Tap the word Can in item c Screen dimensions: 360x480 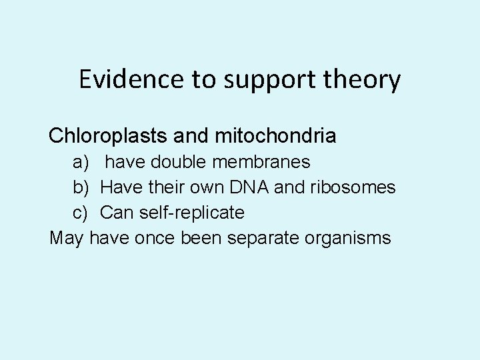tap(115, 213)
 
